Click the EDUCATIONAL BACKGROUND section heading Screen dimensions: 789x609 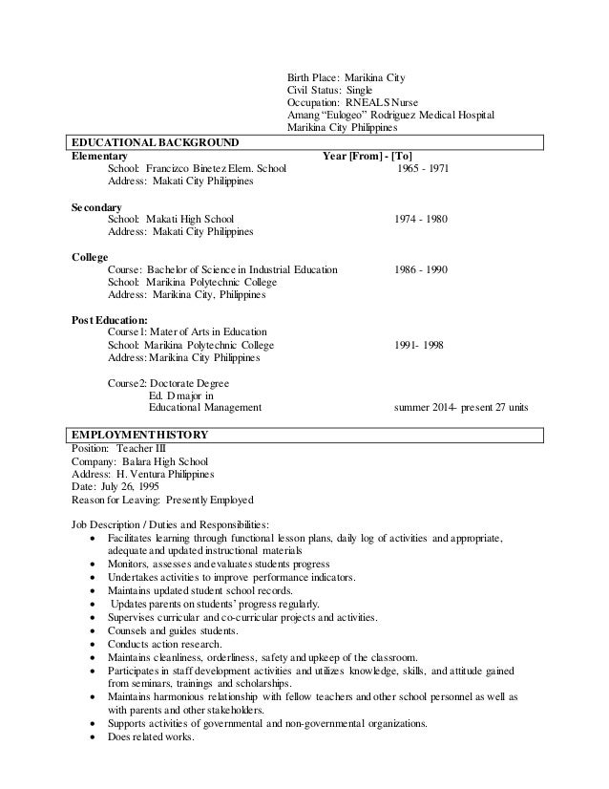point(156,143)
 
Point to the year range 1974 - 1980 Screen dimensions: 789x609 point(421,220)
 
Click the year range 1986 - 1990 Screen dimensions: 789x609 point(421,270)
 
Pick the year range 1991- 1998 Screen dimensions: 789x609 point(419,345)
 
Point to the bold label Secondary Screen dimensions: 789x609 point(96,206)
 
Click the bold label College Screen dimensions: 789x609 point(90,257)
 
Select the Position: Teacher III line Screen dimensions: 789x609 point(118,448)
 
